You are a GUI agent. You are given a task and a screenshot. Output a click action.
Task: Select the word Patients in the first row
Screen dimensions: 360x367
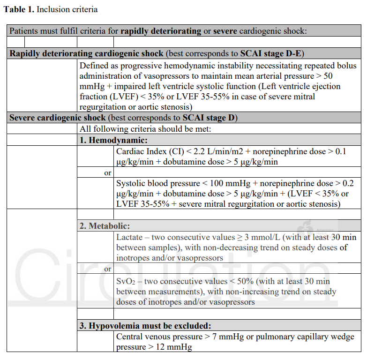point(24,31)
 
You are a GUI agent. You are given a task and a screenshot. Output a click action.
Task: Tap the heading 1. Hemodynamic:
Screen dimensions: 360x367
point(114,140)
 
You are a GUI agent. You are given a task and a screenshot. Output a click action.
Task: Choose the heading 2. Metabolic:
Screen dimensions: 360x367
point(105,225)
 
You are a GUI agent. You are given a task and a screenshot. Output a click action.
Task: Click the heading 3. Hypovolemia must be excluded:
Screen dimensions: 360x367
point(145,325)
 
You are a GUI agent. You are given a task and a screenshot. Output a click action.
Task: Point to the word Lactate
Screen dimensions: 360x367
point(129,237)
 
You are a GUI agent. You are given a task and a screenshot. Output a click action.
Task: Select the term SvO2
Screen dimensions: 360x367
point(126,281)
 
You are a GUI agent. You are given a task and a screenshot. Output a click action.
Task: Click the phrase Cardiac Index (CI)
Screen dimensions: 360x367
point(147,152)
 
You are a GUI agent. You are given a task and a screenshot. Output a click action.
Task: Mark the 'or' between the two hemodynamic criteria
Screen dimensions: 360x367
point(108,173)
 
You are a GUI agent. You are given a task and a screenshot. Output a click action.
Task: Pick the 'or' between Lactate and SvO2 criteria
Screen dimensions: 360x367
point(108,269)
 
